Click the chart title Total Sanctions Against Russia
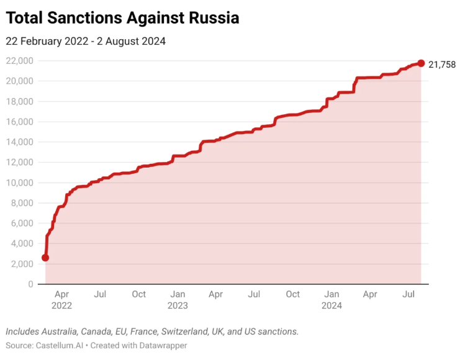[x=122, y=18]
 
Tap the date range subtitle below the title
[x=86, y=41]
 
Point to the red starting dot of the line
[x=45, y=257]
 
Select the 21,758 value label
[x=442, y=64]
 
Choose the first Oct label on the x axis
[x=138, y=294]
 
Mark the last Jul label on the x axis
[x=408, y=294]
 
